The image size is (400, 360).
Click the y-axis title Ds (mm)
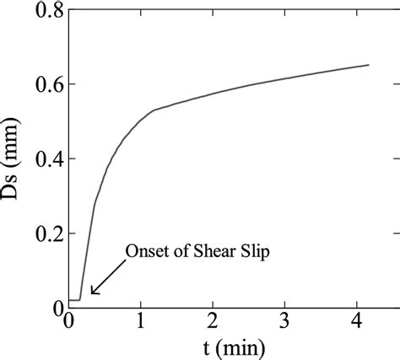click(14, 159)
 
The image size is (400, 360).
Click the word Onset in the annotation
click(145, 250)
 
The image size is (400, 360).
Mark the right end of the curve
click(369, 65)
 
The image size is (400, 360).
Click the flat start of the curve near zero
click(74, 300)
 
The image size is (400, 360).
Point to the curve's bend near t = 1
click(153, 110)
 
